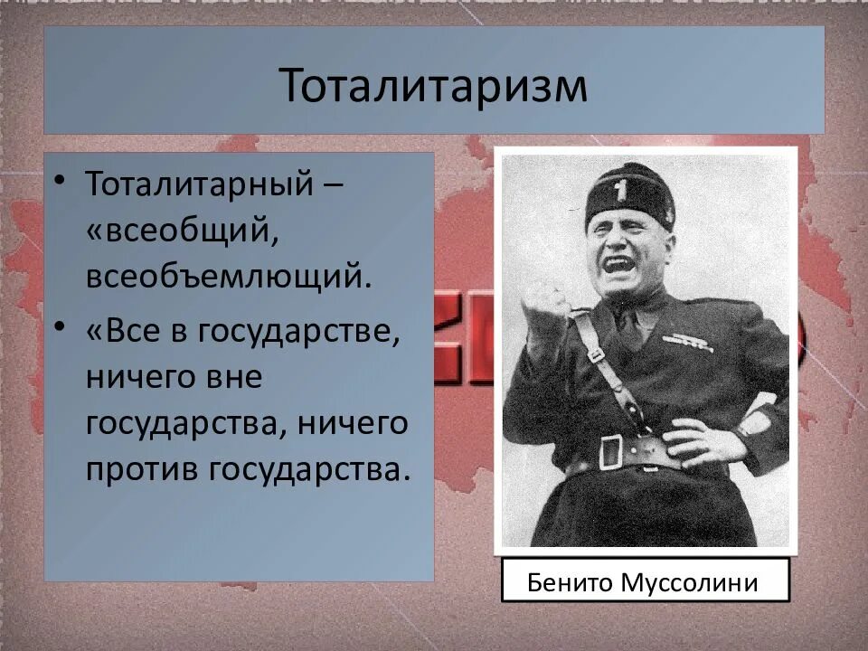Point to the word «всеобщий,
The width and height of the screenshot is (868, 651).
181,230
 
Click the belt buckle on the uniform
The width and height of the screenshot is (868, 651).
612,448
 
